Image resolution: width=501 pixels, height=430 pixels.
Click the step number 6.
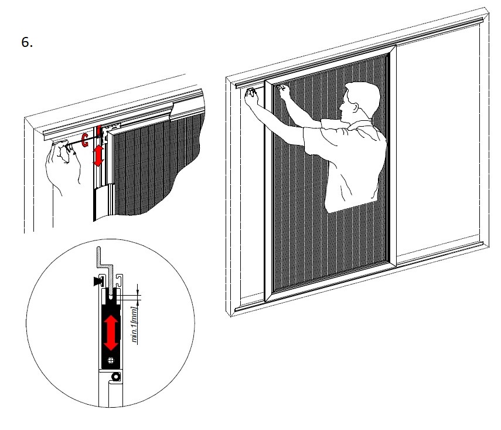(x=27, y=42)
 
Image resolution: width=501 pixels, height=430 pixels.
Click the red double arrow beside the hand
(x=98, y=155)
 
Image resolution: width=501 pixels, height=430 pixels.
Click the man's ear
(x=354, y=107)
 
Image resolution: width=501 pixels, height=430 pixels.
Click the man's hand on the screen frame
(x=284, y=91)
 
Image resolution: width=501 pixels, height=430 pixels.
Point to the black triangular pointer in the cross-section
(x=98, y=281)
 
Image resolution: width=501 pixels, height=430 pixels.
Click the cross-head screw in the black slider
(x=111, y=360)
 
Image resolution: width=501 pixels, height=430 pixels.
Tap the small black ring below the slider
(x=115, y=377)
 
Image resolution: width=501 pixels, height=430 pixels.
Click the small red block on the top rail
(x=99, y=131)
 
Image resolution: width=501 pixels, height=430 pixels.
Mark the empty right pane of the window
(x=438, y=144)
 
